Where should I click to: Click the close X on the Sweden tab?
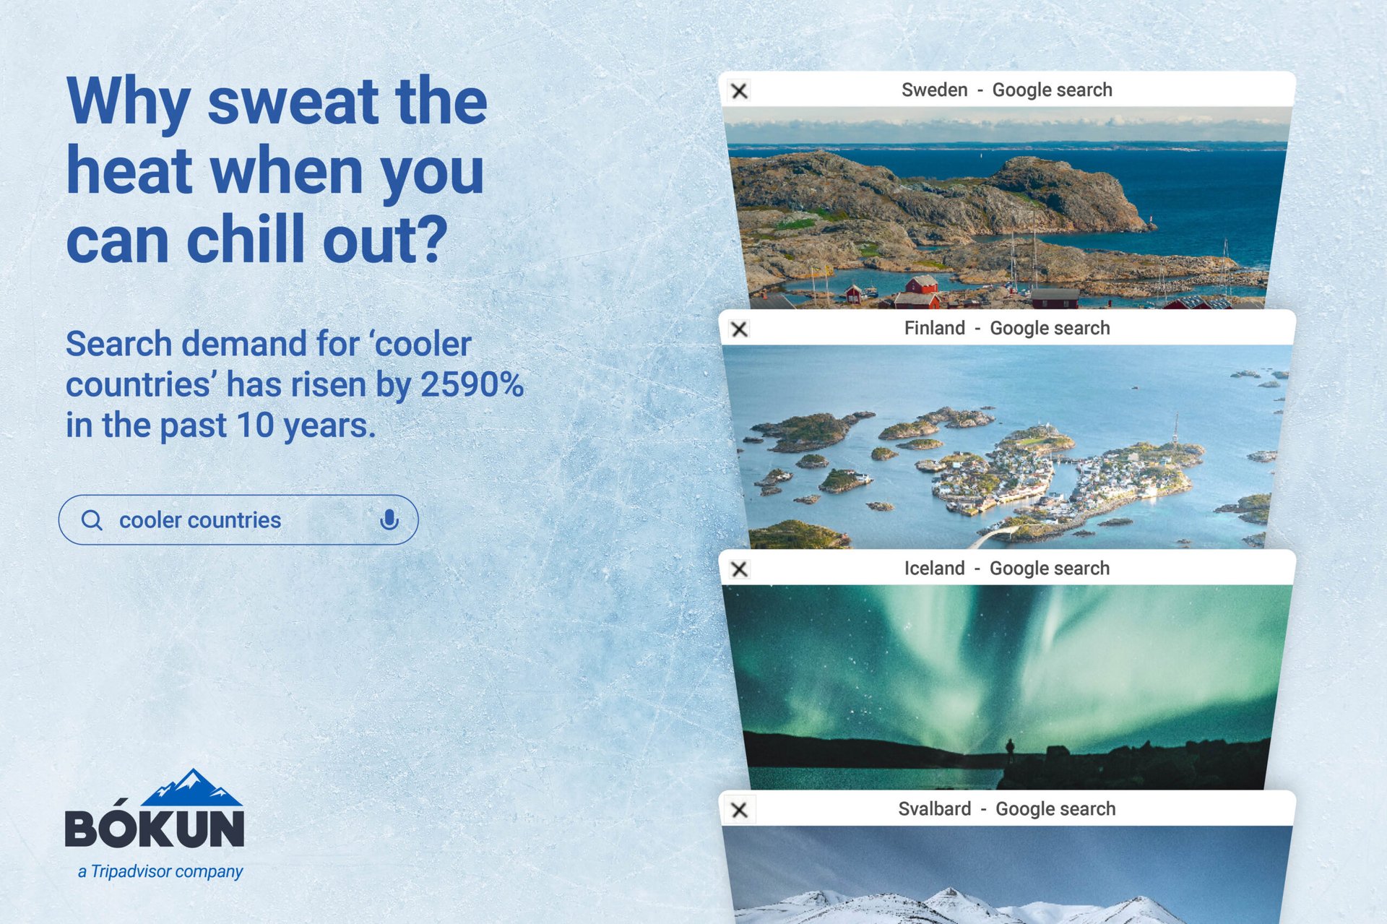pyautogui.click(x=739, y=91)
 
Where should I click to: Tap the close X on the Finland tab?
pyautogui.click(x=739, y=329)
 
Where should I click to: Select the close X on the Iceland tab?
pyautogui.click(x=739, y=569)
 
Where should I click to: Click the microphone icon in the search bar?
pyautogui.click(x=389, y=519)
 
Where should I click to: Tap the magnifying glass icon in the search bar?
pyautogui.click(x=92, y=520)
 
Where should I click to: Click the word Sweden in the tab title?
pyautogui.click(x=934, y=90)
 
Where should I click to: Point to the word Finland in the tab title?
pyautogui.click(x=934, y=329)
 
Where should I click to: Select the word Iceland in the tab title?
pyautogui.click(x=934, y=569)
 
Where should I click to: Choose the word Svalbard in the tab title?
pyautogui.click(x=934, y=809)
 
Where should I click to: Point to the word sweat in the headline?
pyautogui.click(x=293, y=102)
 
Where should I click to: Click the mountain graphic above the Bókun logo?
pyautogui.click(x=191, y=788)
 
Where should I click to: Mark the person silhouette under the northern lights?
pyautogui.click(x=1010, y=750)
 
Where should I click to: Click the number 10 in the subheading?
pyautogui.click(x=255, y=426)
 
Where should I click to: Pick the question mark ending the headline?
pyautogui.click(x=433, y=241)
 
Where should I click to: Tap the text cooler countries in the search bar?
pyautogui.click(x=200, y=520)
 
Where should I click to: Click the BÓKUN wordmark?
pyautogui.click(x=155, y=828)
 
